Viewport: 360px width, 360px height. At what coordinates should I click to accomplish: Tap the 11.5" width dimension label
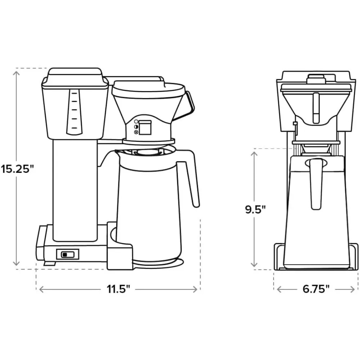click(x=118, y=289)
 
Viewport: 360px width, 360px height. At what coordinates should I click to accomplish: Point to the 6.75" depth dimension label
click(x=316, y=289)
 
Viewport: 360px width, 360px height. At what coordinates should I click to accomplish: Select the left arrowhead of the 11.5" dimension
click(x=40, y=289)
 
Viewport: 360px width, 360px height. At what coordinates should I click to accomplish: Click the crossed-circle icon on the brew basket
click(x=136, y=132)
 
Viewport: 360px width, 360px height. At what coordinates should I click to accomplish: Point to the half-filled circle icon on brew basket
click(x=136, y=127)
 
